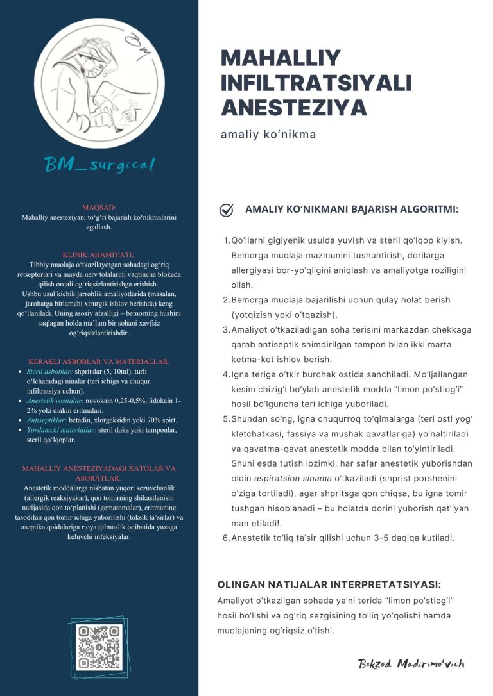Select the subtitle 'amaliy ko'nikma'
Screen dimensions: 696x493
(268, 135)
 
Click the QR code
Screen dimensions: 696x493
(99, 648)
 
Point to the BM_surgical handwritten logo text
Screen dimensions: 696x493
(99, 165)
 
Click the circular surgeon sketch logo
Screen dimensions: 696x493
(99, 83)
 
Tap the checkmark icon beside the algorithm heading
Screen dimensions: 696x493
(226, 210)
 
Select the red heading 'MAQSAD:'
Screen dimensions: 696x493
(99, 208)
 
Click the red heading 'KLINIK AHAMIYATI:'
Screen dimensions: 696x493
(99, 254)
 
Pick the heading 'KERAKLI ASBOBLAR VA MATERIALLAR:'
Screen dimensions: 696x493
(99, 361)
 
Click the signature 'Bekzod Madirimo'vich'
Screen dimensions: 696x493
(411, 663)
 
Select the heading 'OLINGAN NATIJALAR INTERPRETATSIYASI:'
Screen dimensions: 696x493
(329, 584)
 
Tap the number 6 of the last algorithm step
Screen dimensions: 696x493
(226, 538)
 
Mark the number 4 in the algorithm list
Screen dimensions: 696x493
(226, 374)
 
